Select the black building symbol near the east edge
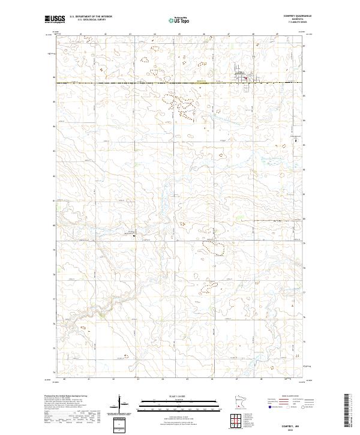pos(295,140)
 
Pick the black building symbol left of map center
pos(133,235)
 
